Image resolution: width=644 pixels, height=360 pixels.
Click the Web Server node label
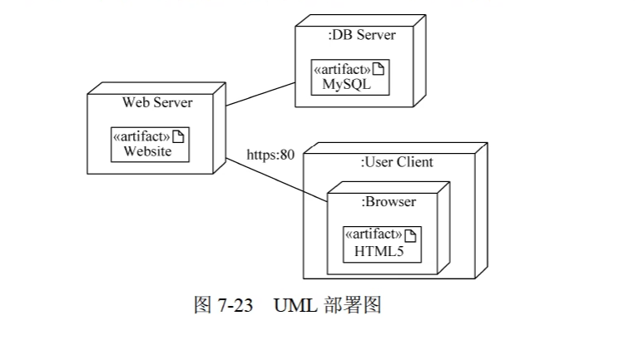157,102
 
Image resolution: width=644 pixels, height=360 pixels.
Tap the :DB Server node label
362,35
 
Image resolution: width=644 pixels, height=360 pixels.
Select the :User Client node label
397,162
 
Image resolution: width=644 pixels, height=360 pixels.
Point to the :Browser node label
389,201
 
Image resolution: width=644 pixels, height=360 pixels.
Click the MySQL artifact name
347,84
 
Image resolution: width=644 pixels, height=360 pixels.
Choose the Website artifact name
147,151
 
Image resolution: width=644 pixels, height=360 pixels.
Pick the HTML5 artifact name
379,251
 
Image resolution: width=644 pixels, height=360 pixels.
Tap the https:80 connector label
270,155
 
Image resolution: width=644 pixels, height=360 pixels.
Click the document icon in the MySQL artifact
379,69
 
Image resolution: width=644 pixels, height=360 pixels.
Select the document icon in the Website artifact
178,136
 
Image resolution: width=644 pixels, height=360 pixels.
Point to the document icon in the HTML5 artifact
410,235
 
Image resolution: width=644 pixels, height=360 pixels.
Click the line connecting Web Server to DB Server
260,95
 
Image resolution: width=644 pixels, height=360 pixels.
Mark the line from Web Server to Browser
276,180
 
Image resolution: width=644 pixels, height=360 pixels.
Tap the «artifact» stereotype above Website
141,136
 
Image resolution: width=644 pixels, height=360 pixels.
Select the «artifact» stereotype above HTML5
374,234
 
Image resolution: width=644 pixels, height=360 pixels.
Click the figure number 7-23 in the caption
235,305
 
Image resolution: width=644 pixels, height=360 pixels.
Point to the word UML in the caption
295,305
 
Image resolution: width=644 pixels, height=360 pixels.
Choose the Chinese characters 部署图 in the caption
353,305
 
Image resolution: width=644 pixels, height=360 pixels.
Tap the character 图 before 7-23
202,305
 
